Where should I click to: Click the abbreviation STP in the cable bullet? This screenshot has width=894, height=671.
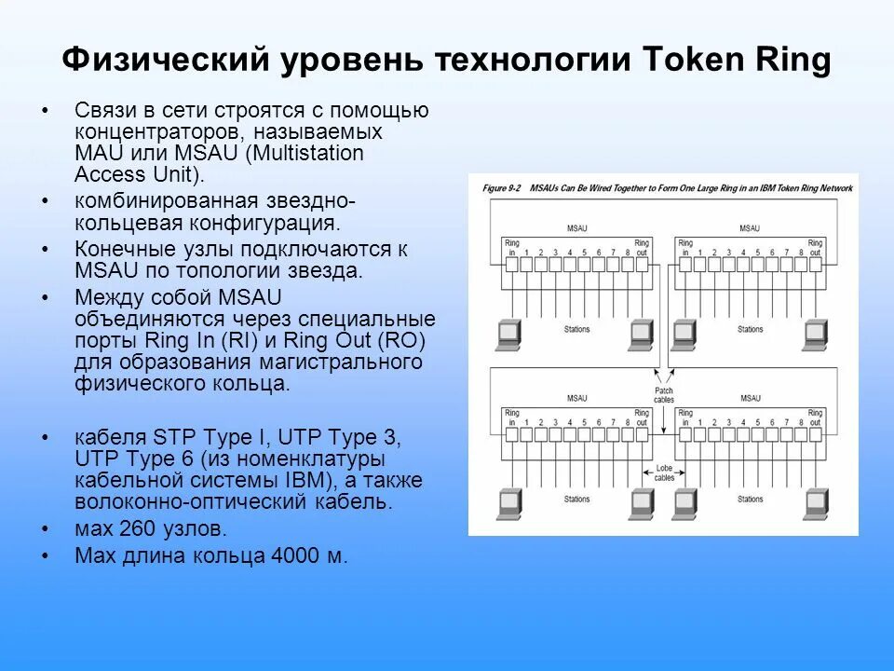click(x=171, y=436)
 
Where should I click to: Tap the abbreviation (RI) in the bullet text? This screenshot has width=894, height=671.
click(x=263, y=340)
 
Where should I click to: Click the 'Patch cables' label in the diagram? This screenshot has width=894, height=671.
click(x=664, y=395)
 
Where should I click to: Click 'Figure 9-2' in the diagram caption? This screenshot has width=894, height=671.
click(x=501, y=188)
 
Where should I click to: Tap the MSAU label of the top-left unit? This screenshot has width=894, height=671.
click(x=577, y=228)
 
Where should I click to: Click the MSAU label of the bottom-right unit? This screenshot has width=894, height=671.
click(x=751, y=398)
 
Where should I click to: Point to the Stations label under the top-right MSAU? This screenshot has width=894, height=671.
click(x=751, y=329)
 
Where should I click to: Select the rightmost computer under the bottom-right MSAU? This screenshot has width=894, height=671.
click(x=815, y=503)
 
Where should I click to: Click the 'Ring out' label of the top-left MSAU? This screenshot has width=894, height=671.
click(x=642, y=247)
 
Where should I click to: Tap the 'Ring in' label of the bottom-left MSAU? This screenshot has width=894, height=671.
click(x=512, y=417)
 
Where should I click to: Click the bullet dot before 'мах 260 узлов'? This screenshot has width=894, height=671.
click(x=47, y=529)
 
